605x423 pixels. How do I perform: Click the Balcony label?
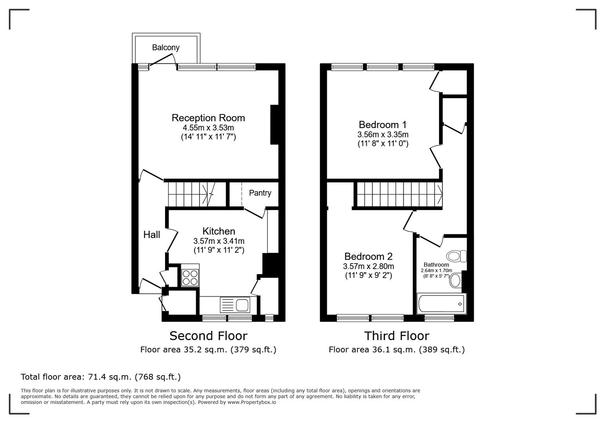166,47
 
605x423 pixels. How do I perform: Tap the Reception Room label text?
208,118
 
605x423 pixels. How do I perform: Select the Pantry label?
260,193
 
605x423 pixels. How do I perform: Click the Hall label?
151,235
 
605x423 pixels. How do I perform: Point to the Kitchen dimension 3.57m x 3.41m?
219,241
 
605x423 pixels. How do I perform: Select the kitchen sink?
235,305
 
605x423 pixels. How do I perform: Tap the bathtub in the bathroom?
441,304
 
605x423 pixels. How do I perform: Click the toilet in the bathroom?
456,257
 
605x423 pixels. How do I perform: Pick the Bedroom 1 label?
382,125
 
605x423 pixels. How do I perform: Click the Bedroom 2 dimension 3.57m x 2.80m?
368,266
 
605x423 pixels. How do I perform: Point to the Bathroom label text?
436,265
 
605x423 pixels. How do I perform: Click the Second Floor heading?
208,336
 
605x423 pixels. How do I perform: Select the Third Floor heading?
397,336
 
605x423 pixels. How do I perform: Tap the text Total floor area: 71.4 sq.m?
100,377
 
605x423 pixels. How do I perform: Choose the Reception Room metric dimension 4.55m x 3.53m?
208,128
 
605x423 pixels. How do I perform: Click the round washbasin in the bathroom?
455,280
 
